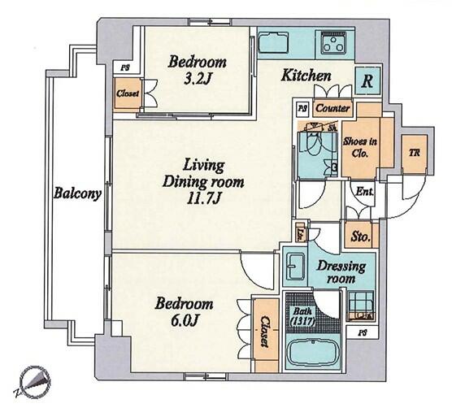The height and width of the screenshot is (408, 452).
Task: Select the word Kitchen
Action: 306,76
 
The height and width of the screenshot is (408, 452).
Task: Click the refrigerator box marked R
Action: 367,81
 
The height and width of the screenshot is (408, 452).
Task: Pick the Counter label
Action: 332,107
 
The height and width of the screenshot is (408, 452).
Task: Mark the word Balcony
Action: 77,193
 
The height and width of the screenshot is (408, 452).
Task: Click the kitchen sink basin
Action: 272,43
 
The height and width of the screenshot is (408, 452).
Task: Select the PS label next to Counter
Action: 302,106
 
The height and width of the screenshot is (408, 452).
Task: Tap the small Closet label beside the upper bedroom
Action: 128,93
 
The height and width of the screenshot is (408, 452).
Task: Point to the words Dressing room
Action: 336,271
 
